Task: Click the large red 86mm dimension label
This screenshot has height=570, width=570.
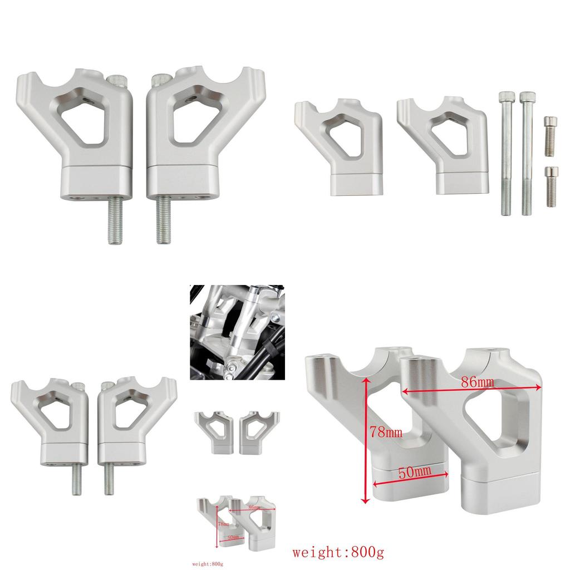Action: pyautogui.click(x=478, y=382)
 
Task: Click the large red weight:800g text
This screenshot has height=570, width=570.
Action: pyautogui.click(x=338, y=553)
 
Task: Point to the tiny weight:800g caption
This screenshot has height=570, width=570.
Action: pyautogui.click(x=208, y=563)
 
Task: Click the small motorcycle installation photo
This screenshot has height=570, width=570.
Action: pyautogui.click(x=237, y=332)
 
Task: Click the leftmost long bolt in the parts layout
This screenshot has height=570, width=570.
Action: pyautogui.click(x=505, y=153)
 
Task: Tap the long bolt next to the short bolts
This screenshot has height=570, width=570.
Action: pyautogui.click(x=525, y=153)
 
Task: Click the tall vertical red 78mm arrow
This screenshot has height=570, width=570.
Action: pyautogui.click(x=366, y=440)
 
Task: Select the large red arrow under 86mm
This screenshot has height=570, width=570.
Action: pyautogui.click(x=471, y=391)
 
